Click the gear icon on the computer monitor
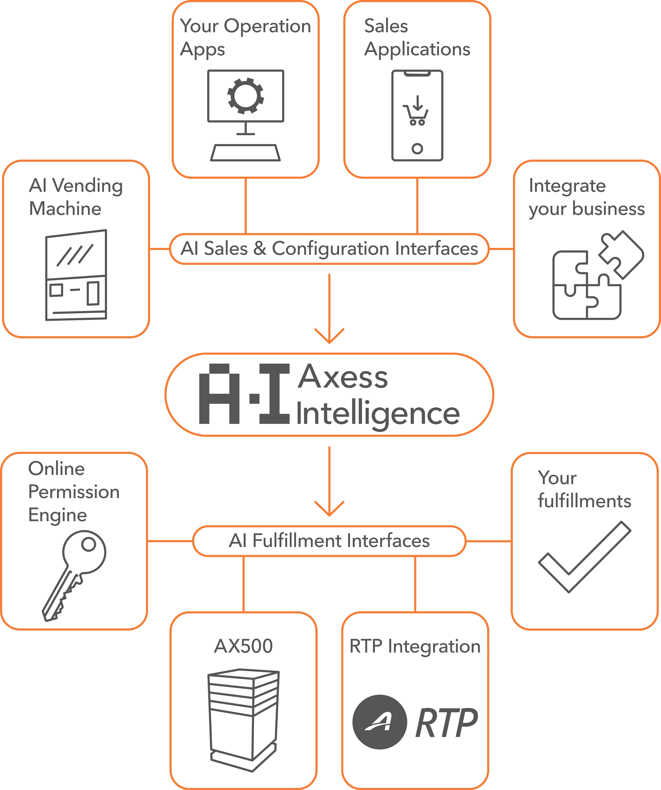coord(245,96)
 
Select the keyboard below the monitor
coord(245,153)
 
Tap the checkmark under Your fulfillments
coord(584,557)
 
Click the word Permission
coord(74,492)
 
